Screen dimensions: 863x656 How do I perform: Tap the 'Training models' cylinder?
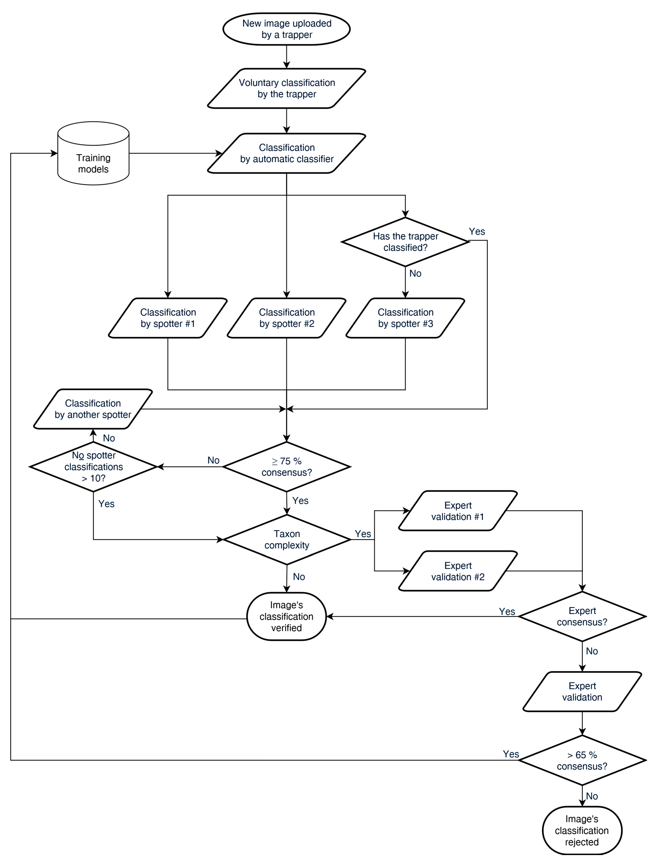click(93, 158)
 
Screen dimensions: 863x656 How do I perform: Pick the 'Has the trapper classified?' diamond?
click(405, 242)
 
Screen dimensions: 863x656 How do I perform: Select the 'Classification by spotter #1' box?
click(168, 318)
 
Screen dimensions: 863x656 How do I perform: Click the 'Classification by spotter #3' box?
click(405, 318)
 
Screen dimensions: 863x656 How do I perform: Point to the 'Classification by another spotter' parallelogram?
click(93, 409)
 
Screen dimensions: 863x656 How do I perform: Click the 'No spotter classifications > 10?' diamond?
click(93, 467)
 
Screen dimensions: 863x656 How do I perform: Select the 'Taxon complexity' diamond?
click(287, 540)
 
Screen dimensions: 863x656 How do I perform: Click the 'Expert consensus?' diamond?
click(582, 616)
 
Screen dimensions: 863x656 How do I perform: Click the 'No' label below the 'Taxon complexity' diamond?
click(299, 577)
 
